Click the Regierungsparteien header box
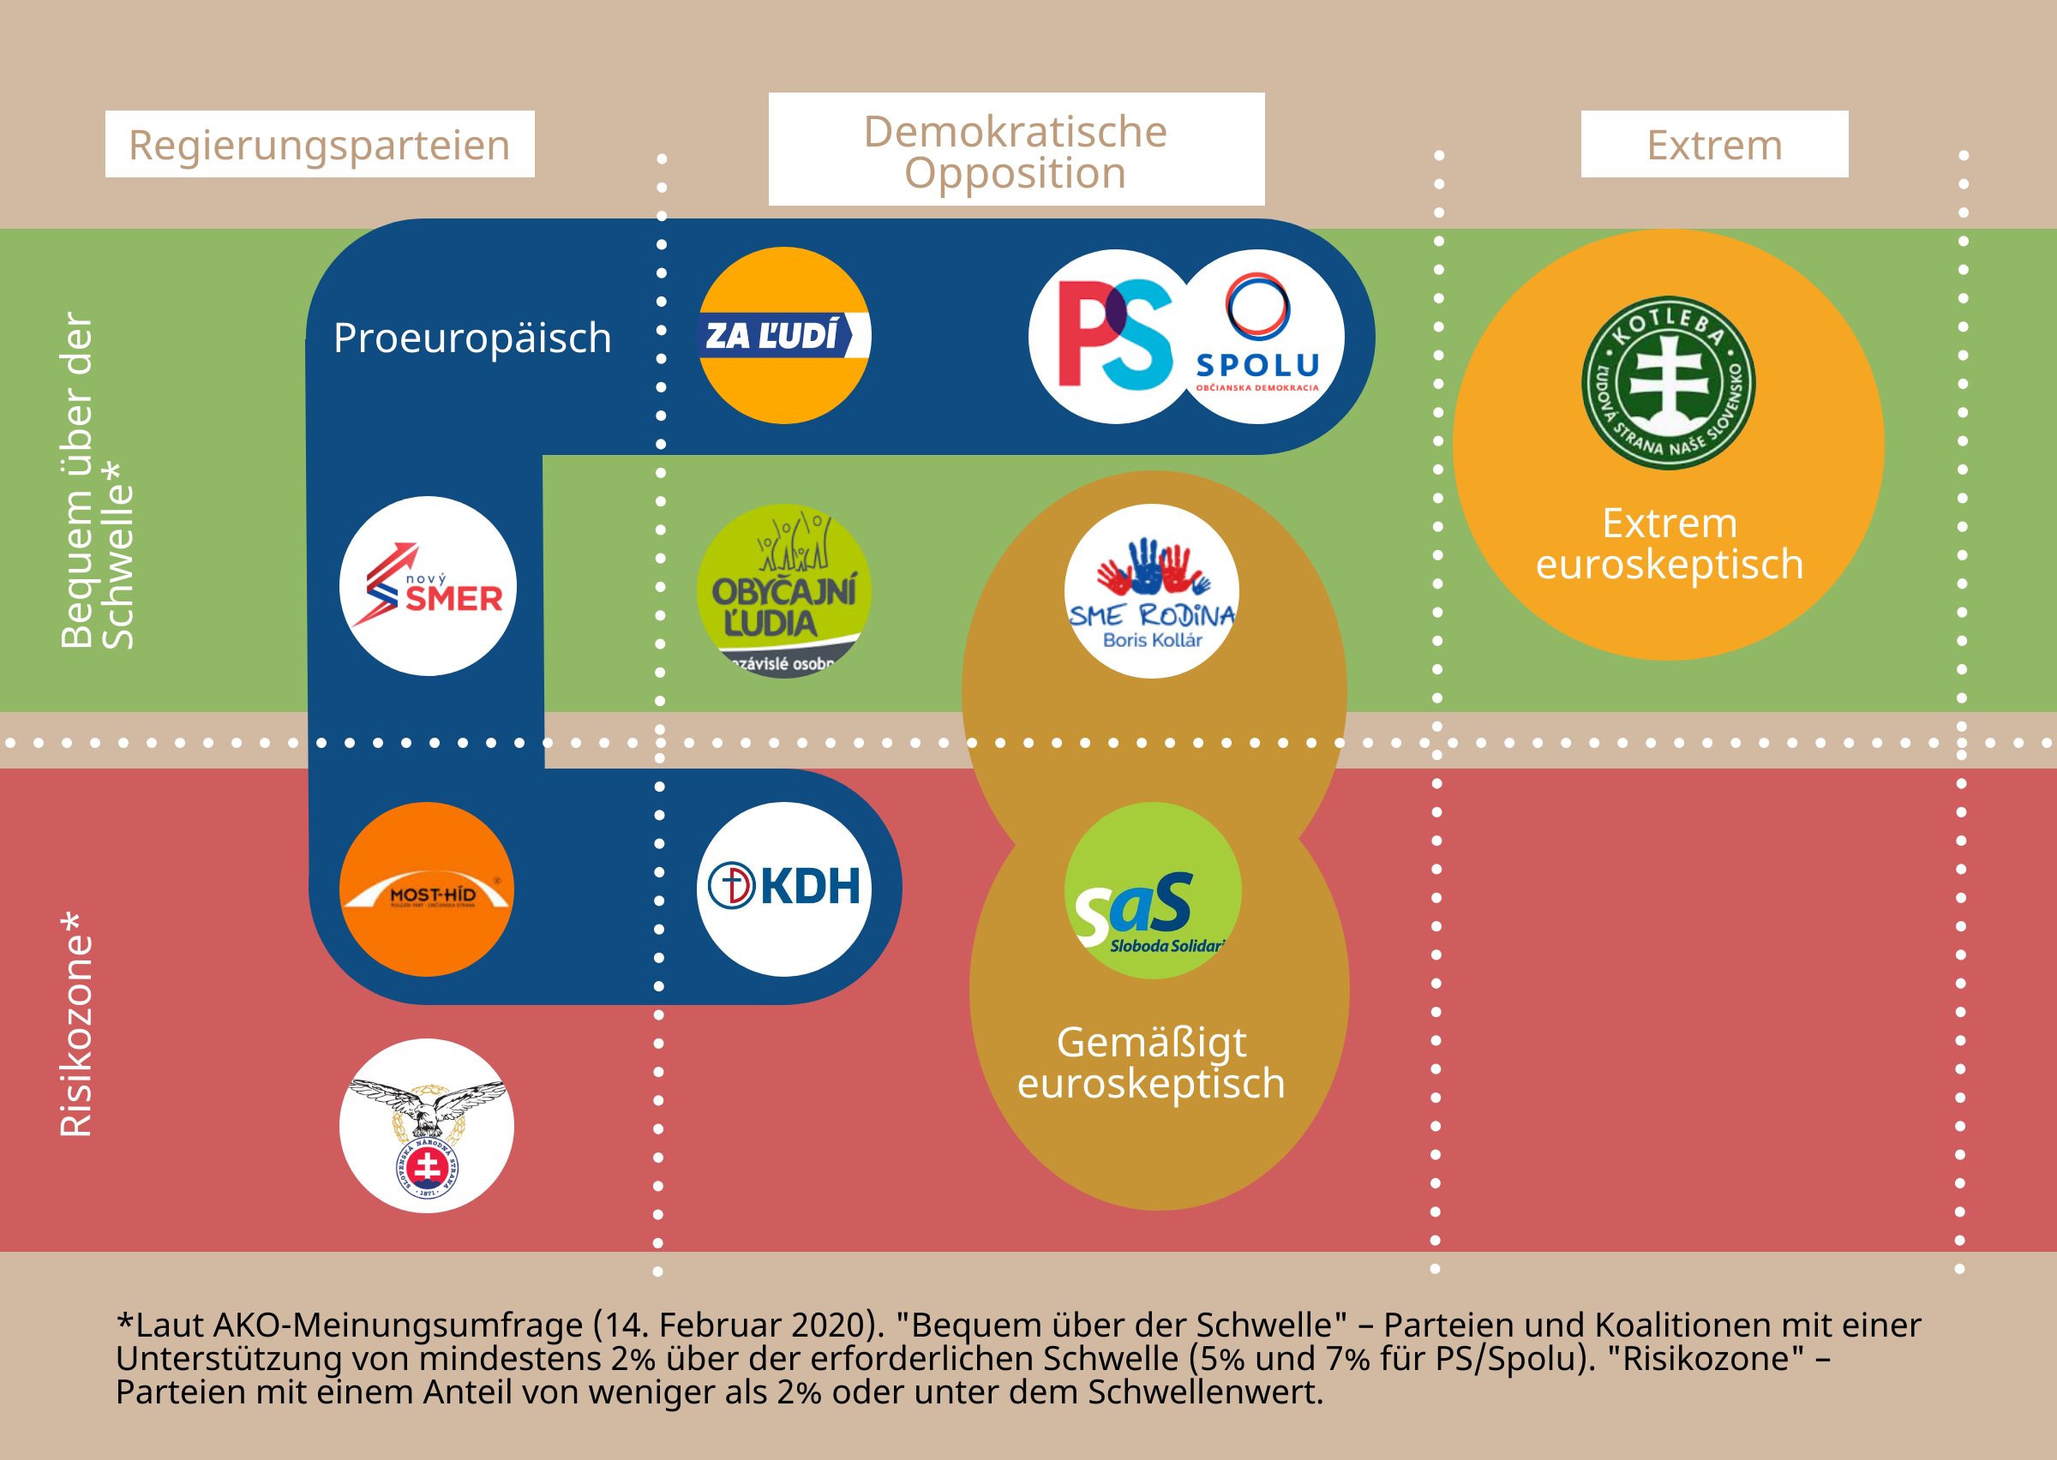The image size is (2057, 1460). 319,144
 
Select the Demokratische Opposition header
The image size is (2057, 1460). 1016,150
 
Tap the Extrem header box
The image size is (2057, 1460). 1713,144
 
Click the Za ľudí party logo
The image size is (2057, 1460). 784,335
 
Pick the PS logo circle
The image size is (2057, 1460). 1113,335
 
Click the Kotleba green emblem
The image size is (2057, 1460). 1668,382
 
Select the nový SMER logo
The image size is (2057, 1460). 428,585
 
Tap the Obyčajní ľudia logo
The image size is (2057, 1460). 784,590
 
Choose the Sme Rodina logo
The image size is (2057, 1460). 1152,590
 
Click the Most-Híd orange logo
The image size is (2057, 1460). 427,889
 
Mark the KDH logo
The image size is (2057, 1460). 784,889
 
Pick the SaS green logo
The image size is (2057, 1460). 1153,890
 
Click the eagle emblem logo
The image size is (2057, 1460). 427,1126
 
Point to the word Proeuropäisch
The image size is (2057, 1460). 472,338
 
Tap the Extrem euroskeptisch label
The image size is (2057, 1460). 1669,544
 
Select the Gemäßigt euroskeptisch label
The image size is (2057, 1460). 1151,1062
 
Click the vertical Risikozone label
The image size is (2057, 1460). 76,1025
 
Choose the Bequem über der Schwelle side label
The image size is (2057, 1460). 96,481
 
